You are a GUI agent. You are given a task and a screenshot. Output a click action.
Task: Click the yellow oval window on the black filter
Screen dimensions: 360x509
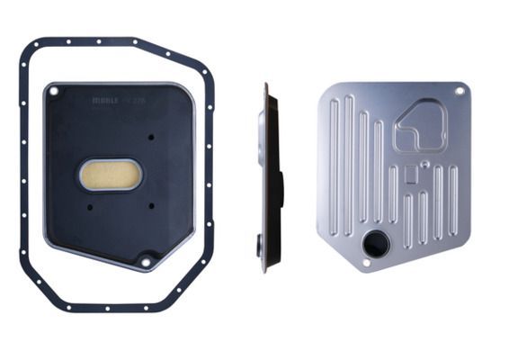pos(110,175)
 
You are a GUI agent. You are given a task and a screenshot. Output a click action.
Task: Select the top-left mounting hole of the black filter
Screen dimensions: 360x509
pos(54,92)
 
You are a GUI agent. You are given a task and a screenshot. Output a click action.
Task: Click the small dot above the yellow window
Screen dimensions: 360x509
pos(151,137)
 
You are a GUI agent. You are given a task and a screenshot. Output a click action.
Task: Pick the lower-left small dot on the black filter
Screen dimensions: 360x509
pos(90,206)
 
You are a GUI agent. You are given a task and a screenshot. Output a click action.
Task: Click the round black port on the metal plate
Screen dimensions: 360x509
pos(375,242)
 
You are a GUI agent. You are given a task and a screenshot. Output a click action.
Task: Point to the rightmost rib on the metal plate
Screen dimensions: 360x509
pos(454,202)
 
